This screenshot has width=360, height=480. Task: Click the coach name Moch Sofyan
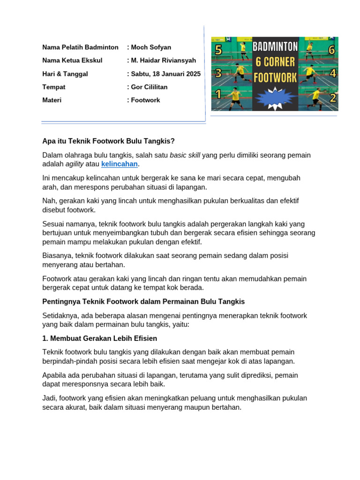click(151, 47)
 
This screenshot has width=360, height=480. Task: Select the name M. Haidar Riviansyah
click(164, 60)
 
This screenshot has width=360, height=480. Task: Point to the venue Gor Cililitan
click(149, 87)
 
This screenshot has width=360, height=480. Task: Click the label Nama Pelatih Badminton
click(80, 47)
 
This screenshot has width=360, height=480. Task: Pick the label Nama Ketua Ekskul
click(72, 60)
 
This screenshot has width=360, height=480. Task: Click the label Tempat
click(54, 87)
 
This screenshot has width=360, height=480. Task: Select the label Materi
click(52, 100)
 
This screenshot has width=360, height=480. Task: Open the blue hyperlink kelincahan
click(120, 164)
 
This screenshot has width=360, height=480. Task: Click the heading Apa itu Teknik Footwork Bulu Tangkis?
click(108, 141)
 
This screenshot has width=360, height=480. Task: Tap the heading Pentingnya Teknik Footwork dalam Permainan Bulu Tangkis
click(143, 301)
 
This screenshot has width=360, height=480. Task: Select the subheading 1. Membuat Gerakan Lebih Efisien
click(99, 338)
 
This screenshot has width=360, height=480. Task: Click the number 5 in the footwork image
click(218, 50)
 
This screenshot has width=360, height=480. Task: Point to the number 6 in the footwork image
click(331, 50)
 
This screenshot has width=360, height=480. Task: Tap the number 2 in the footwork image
click(332, 98)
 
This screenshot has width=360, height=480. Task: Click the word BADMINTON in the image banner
click(276, 46)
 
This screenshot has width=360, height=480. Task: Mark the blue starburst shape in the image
click(275, 97)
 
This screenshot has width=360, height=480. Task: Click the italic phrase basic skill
click(185, 155)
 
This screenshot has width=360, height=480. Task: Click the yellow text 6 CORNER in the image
click(276, 62)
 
